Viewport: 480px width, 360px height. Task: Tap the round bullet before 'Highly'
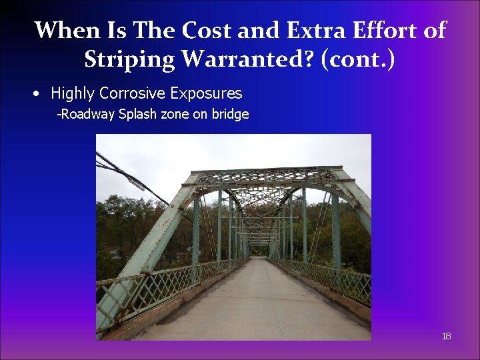[x=39, y=93]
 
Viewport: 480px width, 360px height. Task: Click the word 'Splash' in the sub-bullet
[x=137, y=114]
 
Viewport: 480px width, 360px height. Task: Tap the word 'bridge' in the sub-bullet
[x=231, y=114]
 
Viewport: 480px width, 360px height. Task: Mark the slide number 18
[x=446, y=336]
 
